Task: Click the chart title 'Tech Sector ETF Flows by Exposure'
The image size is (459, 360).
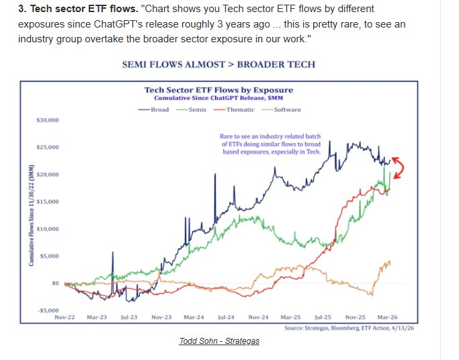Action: point(219,90)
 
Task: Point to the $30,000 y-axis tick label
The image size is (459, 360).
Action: point(48,120)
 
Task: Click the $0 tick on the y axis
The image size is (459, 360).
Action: point(56,283)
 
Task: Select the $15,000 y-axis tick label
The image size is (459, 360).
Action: point(48,201)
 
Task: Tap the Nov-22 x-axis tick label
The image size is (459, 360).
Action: point(65,316)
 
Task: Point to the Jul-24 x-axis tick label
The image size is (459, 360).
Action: point(225,316)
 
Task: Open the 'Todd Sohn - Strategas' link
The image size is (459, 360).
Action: point(219,341)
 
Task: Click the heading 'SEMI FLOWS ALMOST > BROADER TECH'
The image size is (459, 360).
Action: point(218,64)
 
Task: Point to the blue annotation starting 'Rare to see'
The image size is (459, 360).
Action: point(271,144)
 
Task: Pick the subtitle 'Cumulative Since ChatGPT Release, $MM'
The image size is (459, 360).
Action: point(219,98)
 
